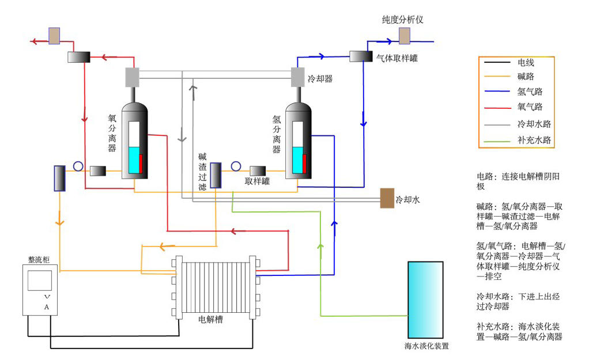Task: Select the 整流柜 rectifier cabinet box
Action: pyautogui.click(x=40, y=290)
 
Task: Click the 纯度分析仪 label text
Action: pyautogui.click(x=403, y=20)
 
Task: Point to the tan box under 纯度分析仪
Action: pyautogui.click(x=405, y=36)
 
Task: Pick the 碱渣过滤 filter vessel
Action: pyautogui.click(x=216, y=175)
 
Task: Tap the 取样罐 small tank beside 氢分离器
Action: pyautogui.click(x=257, y=170)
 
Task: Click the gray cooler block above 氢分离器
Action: pyautogui.click(x=297, y=77)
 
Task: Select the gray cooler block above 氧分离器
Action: pyautogui.click(x=133, y=77)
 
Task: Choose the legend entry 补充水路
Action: pyautogui.click(x=534, y=140)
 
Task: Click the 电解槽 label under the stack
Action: pyautogui.click(x=210, y=320)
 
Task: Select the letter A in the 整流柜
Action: pyautogui.click(x=47, y=307)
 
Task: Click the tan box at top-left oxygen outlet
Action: pyautogui.click(x=54, y=36)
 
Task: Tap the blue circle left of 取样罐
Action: pyautogui.click(x=236, y=166)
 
